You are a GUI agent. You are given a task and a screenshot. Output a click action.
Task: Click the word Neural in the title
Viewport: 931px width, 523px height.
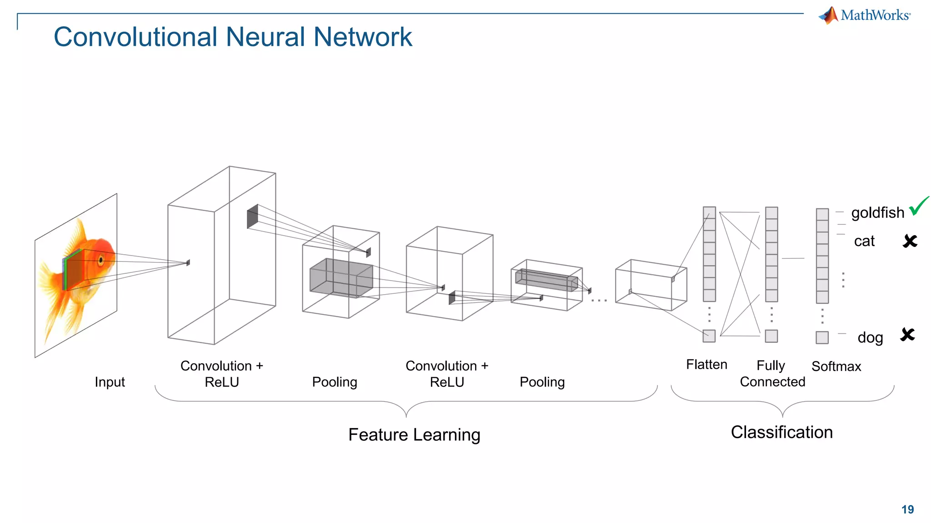265,37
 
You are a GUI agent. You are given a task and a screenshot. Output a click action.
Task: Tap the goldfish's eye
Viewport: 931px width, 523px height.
101,260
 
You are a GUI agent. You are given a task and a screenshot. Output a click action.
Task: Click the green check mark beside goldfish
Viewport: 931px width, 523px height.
918,207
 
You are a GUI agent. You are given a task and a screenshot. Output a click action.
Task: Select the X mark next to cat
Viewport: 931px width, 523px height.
910,241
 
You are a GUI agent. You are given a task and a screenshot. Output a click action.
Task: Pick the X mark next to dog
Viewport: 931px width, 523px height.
907,335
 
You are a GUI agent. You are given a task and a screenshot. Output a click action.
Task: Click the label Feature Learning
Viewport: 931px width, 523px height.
414,435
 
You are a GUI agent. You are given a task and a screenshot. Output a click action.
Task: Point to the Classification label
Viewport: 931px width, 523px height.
781,432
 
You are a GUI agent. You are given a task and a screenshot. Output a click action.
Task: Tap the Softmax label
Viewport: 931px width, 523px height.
836,366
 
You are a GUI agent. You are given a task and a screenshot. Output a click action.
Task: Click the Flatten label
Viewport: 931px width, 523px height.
706,365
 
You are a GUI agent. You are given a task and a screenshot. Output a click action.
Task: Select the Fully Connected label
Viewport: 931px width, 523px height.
772,374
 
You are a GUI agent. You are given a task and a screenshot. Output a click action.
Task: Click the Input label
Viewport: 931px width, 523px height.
110,382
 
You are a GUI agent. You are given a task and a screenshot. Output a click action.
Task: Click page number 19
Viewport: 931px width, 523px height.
907,509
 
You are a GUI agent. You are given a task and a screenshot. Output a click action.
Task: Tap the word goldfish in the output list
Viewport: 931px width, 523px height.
877,212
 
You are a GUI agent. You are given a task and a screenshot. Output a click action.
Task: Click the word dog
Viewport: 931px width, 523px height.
870,338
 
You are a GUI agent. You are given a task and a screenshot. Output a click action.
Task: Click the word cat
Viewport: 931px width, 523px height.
864,241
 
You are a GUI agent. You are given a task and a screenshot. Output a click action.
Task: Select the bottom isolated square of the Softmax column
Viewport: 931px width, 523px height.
822,337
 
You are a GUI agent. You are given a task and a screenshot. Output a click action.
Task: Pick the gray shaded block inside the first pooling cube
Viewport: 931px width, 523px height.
341,278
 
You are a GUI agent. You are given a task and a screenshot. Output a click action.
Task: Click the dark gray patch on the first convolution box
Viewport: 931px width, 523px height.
252,217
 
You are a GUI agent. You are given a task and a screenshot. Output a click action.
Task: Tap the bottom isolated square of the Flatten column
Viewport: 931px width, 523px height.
709,336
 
